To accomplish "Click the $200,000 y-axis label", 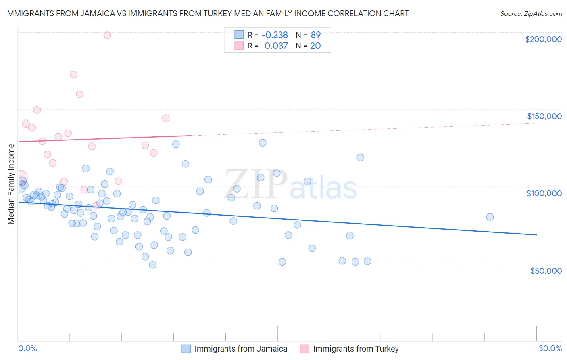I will [x=543, y=39].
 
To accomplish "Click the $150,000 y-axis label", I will [x=544, y=116].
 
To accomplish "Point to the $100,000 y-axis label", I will [x=544, y=193].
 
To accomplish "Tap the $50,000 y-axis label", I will [x=546, y=271].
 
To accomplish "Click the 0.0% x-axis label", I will [x=27, y=348].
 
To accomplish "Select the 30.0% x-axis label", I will [x=550, y=348].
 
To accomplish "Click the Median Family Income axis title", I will [x=11, y=184].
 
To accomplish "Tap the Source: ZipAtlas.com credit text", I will [x=531, y=14].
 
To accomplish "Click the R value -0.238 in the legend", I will [x=275, y=35].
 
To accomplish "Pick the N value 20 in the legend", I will [x=315, y=46].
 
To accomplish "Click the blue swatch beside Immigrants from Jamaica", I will [x=186, y=349].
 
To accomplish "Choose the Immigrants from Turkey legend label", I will [x=356, y=349].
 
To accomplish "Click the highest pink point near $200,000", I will [x=107, y=35].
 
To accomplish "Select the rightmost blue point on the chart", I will [x=490, y=217].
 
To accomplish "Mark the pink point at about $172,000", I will [x=73, y=75].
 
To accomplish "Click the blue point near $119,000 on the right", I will [x=361, y=157].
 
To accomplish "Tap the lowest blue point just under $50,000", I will [x=152, y=265].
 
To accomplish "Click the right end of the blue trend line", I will [x=536, y=234].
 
